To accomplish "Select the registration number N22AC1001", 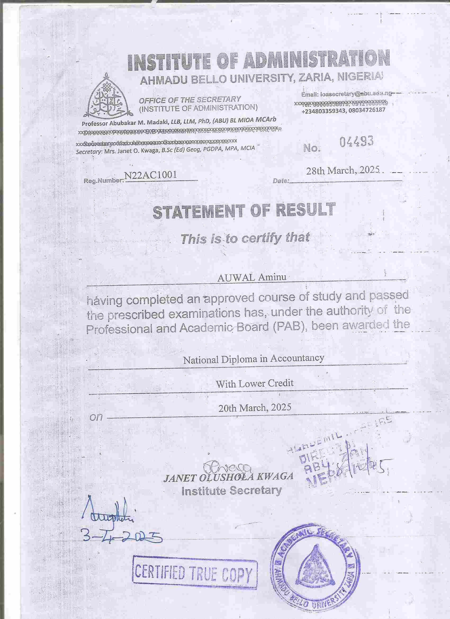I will point(150,175).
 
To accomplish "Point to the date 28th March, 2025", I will point(343,171).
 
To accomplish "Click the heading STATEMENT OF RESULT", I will point(244,211).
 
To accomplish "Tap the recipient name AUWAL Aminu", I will point(252,277).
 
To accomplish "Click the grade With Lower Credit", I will point(254,383).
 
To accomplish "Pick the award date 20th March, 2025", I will point(255,407).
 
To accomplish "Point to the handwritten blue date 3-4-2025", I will point(121,538).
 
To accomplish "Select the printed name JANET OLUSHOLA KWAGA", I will point(228,477).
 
